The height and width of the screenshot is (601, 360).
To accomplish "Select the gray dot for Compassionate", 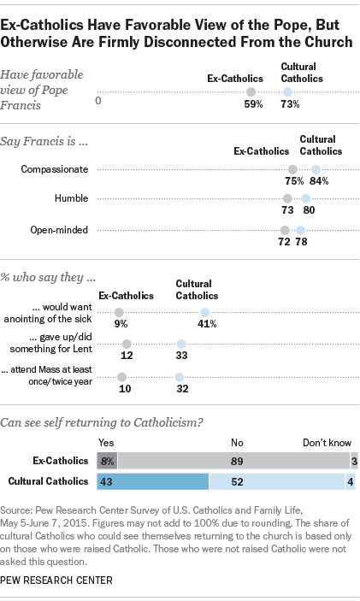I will point(293,169).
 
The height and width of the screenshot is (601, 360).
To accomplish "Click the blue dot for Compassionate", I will point(316,169).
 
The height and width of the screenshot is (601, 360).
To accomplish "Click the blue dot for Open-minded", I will point(300,229).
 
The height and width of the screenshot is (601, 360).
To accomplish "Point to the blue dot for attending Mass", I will point(179,376).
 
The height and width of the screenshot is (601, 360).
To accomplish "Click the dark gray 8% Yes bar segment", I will point(107,460).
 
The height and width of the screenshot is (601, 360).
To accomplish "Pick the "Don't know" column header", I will point(327,444).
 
